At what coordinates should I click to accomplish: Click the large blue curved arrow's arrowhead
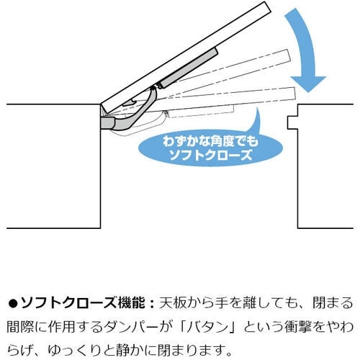tap(308, 84)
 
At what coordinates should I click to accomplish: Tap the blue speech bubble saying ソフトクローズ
tap(211, 148)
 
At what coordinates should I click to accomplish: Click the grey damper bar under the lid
tap(189, 68)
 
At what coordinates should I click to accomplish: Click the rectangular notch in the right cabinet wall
tap(292, 122)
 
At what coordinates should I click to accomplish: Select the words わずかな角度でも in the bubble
tap(210, 142)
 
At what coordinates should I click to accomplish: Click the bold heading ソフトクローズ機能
tap(83, 303)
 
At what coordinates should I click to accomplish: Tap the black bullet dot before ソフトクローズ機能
tap(13, 303)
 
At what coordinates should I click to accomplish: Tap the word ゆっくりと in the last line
tap(81, 351)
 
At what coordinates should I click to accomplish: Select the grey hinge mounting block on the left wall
tap(107, 123)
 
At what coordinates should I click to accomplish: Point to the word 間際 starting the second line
tap(20, 328)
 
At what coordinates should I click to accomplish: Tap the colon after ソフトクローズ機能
tap(151, 303)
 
